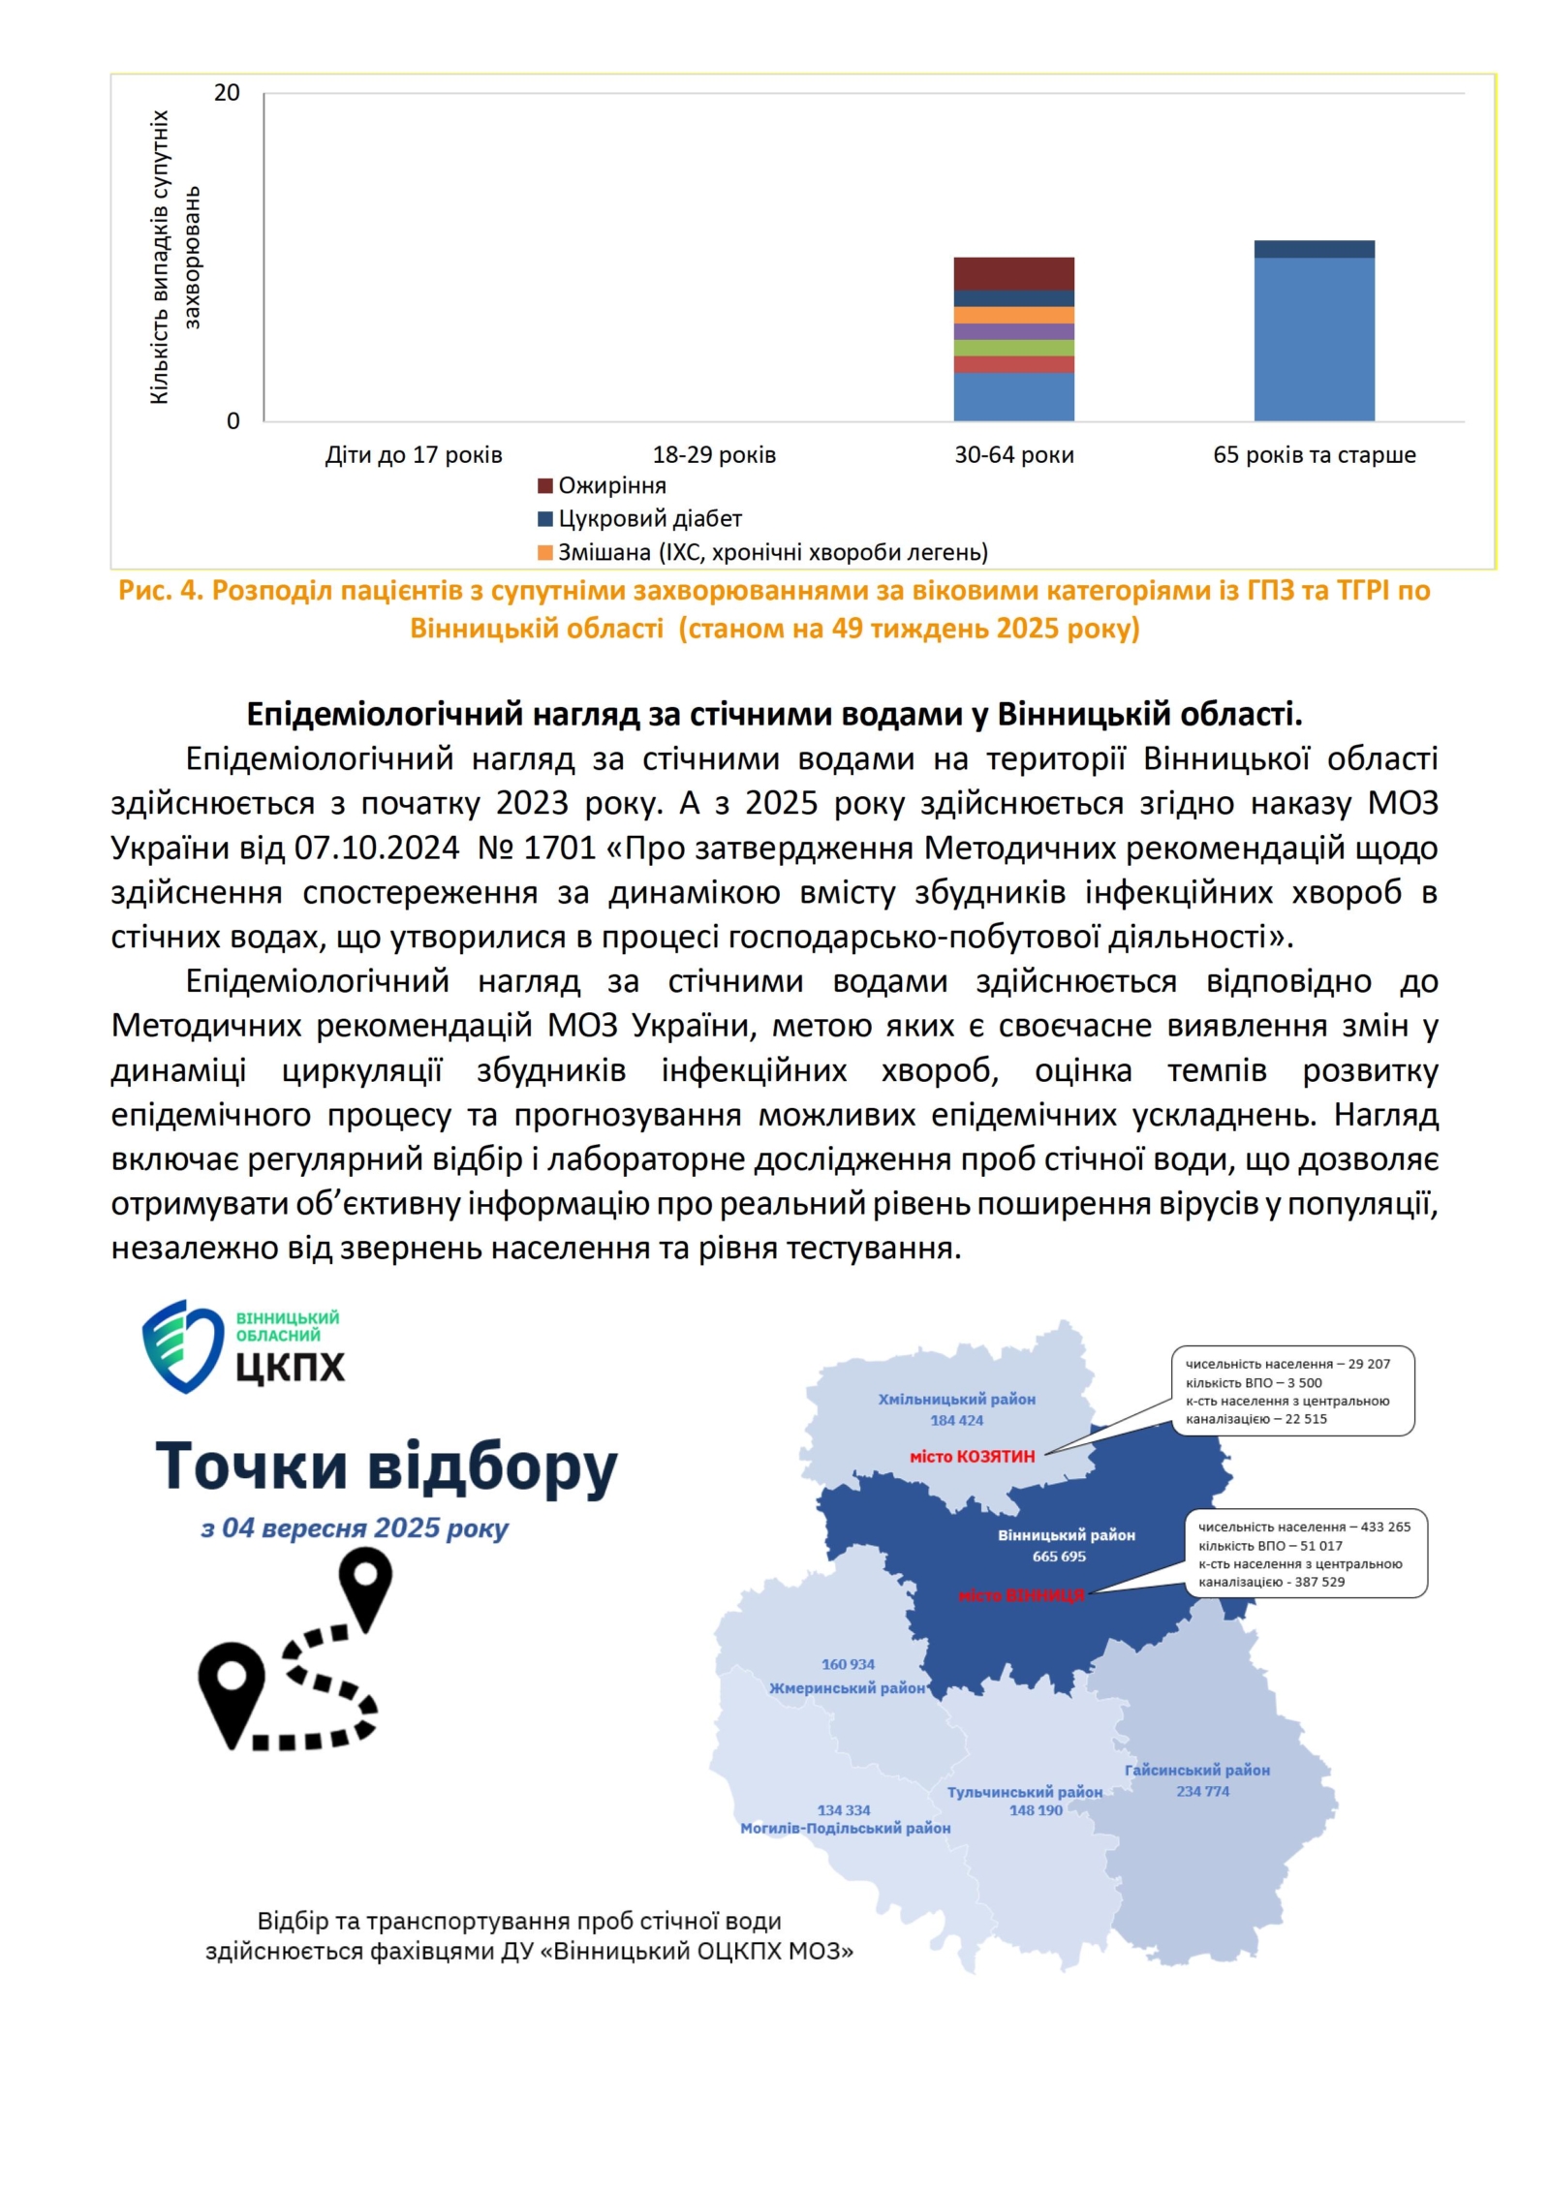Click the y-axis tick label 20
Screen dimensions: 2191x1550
226,93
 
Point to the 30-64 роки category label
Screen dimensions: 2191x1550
1013,454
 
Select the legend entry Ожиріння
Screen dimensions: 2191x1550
610,485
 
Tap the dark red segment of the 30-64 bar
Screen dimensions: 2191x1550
1013,273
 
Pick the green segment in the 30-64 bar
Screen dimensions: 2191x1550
1013,348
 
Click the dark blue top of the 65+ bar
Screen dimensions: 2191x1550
1314,249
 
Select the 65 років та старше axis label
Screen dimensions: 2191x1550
1314,454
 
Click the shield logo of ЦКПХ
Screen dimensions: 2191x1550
182,1346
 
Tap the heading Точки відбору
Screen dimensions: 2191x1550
386,1466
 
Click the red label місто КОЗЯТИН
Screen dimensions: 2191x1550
972,1457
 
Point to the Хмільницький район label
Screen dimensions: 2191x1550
956,1400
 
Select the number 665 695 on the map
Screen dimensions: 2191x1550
1059,1557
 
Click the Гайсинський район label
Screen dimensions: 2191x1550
1196,1770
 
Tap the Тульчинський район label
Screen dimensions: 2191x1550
1024,1792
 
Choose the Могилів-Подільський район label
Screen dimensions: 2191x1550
845,1828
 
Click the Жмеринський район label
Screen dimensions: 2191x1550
848,1687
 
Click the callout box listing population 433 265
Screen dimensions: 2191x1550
1306,1554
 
